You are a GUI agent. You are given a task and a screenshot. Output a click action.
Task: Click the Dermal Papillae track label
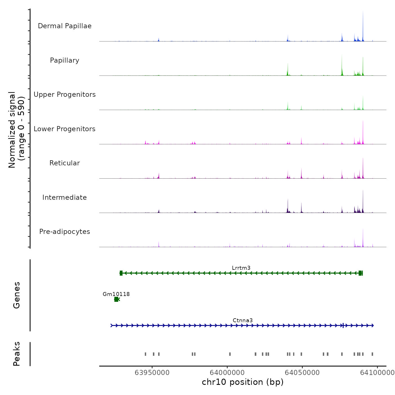point(65,26)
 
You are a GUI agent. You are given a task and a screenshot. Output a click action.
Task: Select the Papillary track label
point(65,60)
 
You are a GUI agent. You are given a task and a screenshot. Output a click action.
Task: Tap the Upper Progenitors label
point(65,95)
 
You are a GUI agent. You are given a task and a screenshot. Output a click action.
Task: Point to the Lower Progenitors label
point(65,129)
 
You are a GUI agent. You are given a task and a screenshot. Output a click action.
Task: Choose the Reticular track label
point(65,163)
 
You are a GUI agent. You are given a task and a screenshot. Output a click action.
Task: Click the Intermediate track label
point(65,197)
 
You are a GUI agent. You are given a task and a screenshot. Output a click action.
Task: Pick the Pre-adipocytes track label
point(65,232)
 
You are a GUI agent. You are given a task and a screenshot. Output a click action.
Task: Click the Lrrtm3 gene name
point(241,268)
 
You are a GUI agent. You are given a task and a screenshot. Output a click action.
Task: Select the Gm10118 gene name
point(116,294)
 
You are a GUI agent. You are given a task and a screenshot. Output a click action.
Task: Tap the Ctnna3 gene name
point(243,320)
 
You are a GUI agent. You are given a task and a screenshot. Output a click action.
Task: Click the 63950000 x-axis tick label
point(152,372)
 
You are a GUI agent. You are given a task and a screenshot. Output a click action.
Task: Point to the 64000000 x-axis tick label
point(227,372)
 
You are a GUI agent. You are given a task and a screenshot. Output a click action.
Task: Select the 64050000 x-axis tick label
point(302,372)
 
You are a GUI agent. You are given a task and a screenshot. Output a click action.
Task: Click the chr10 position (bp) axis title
point(243,382)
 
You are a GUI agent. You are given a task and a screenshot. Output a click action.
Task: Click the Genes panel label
point(17,295)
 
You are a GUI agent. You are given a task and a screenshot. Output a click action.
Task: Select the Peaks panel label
point(17,354)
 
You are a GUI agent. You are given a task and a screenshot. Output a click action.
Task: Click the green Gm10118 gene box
point(116,299)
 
